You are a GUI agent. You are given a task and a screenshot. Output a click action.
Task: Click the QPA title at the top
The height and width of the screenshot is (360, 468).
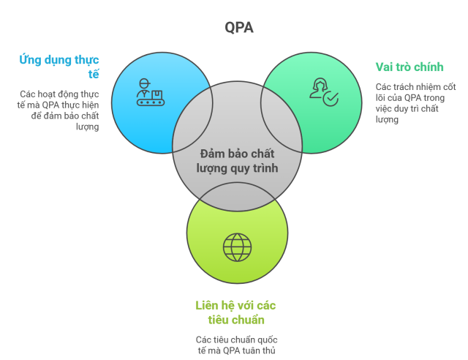238,28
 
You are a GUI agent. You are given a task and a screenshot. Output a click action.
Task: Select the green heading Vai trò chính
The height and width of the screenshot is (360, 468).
409,67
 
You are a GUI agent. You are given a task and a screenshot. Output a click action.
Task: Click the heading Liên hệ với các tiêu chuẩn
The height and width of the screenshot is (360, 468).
235,312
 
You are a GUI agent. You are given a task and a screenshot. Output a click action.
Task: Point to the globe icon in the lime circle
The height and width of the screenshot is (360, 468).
237,247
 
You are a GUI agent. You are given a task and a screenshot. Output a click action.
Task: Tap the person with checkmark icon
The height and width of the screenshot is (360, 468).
323,92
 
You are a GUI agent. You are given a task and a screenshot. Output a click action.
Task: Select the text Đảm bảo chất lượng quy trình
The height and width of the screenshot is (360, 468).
237,161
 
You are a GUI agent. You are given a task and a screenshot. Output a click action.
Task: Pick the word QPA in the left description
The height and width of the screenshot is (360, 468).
50,105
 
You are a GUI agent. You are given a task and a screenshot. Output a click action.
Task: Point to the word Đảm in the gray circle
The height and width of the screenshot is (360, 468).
212,154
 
